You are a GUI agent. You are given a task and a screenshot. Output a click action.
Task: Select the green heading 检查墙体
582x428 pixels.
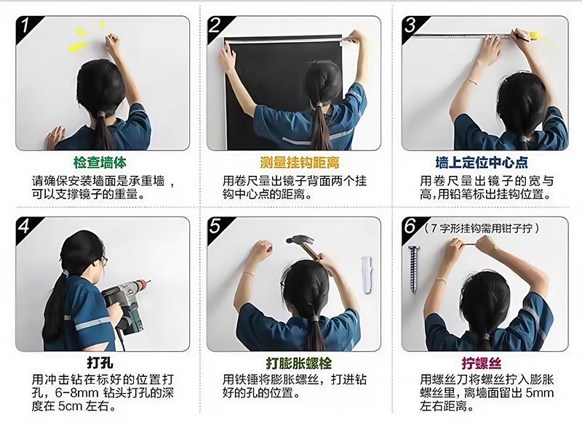[100, 163]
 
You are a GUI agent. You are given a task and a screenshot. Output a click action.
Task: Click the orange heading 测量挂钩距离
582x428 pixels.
[300, 163]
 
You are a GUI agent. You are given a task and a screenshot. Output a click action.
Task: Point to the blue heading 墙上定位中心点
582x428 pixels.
[482, 163]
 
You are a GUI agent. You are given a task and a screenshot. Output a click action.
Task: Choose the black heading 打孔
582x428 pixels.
[100, 363]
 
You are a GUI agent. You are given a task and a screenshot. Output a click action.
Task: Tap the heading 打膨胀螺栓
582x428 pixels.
[299, 363]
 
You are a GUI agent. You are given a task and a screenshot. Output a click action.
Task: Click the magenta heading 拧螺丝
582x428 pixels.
[482, 363]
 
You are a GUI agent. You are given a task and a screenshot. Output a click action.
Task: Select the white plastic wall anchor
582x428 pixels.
[367, 275]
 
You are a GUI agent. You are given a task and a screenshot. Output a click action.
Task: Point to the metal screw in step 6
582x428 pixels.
[413, 269]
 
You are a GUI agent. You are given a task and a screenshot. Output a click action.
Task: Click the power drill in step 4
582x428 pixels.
[125, 304]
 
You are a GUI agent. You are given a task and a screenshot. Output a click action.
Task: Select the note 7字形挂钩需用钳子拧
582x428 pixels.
[482, 227]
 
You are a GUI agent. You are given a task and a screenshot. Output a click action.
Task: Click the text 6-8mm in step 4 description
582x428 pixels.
[77, 393]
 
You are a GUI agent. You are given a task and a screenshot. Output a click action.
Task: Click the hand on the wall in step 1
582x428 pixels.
[56, 137]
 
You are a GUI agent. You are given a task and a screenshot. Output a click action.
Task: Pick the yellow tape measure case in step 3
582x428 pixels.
[537, 36]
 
